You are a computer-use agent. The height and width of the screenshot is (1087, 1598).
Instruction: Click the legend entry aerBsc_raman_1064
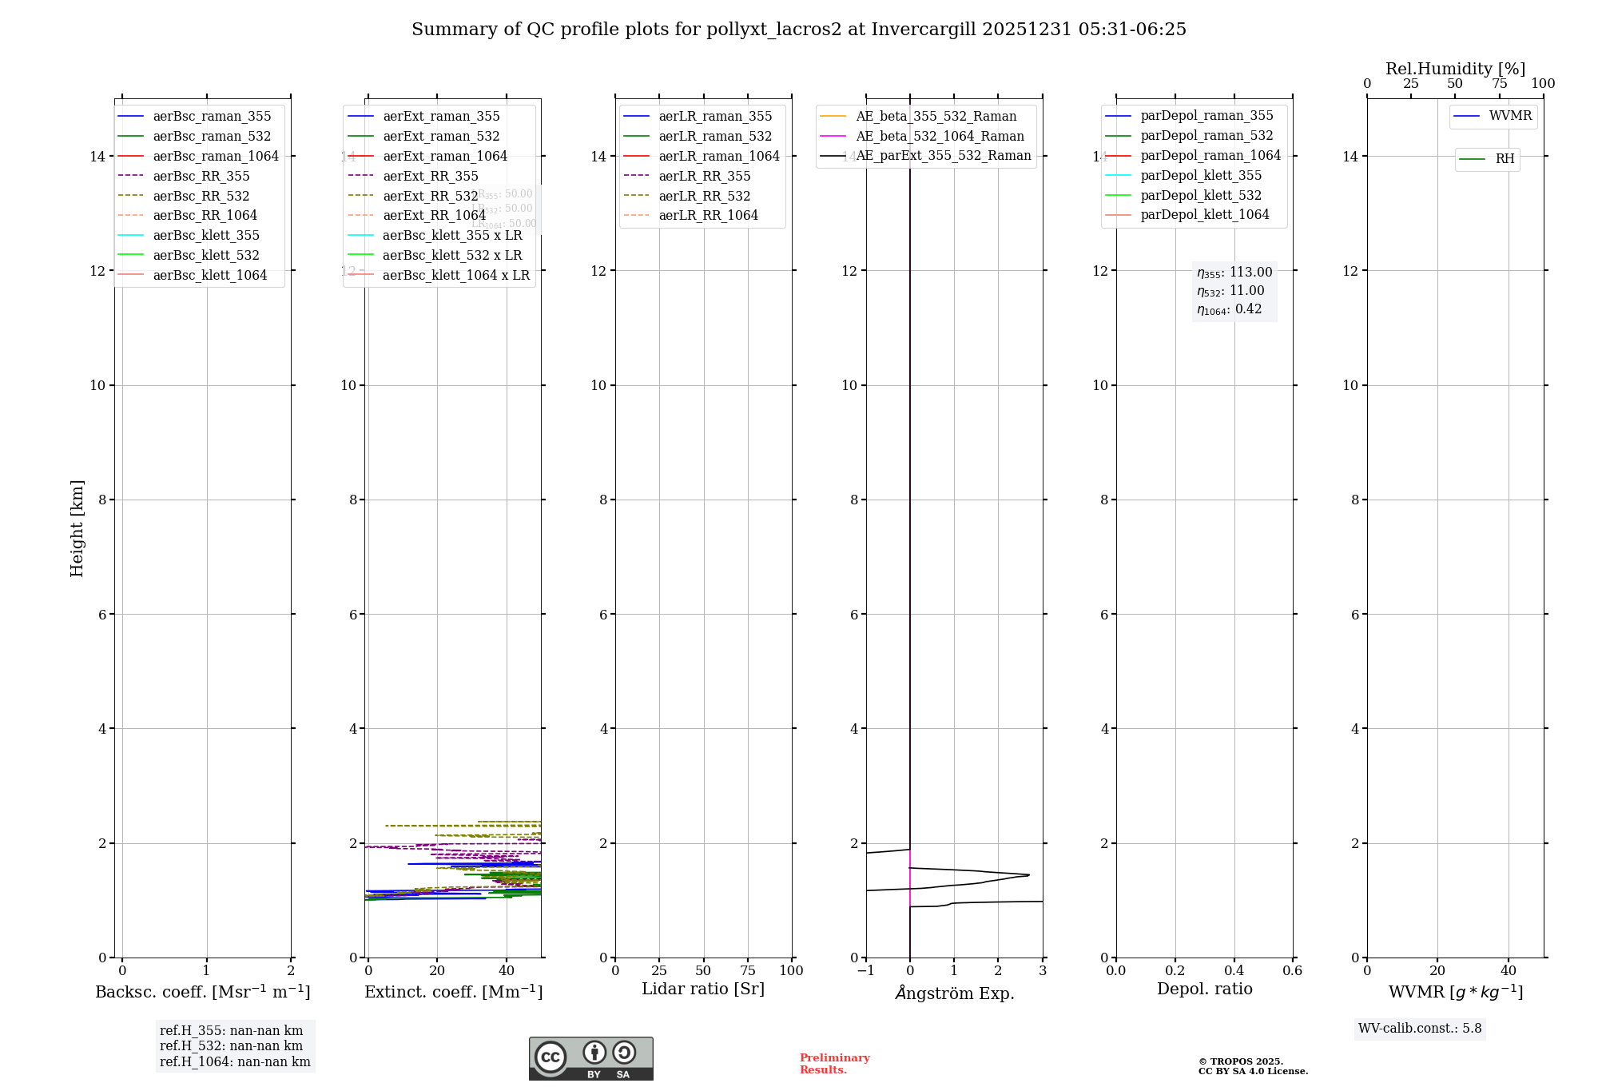pos(216,156)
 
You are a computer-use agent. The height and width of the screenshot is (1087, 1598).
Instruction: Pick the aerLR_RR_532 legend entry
pos(704,196)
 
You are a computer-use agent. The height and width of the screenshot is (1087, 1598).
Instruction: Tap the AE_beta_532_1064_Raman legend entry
pos(940,136)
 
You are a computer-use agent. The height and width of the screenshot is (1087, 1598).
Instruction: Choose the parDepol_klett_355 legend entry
pos(1201,175)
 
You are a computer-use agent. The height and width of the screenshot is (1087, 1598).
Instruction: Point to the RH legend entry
pos(1505,159)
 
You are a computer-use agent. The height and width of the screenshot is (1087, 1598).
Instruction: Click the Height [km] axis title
pos(77,528)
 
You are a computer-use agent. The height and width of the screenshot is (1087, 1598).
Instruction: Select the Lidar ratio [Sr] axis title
pos(703,989)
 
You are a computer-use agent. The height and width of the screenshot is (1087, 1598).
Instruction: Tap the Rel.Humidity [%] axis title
pos(1455,69)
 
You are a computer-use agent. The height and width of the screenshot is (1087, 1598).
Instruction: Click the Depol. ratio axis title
pos(1204,989)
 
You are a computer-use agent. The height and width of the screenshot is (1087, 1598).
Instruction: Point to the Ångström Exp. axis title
pos(955,993)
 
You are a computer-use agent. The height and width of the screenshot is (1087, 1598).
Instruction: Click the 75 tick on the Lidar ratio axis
pos(748,970)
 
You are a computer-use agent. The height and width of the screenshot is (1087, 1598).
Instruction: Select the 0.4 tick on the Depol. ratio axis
pos(1234,970)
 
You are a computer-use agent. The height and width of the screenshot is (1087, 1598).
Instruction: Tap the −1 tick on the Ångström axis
pos(865,970)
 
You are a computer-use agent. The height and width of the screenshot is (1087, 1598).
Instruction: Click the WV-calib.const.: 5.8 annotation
pos(1420,1028)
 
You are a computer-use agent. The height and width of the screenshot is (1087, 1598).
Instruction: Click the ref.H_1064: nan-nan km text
pos(235,1061)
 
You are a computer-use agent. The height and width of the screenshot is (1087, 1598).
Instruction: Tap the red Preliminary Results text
pos(834,1063)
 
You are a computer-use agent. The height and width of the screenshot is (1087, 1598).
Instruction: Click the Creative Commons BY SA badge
pos(590,1058)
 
